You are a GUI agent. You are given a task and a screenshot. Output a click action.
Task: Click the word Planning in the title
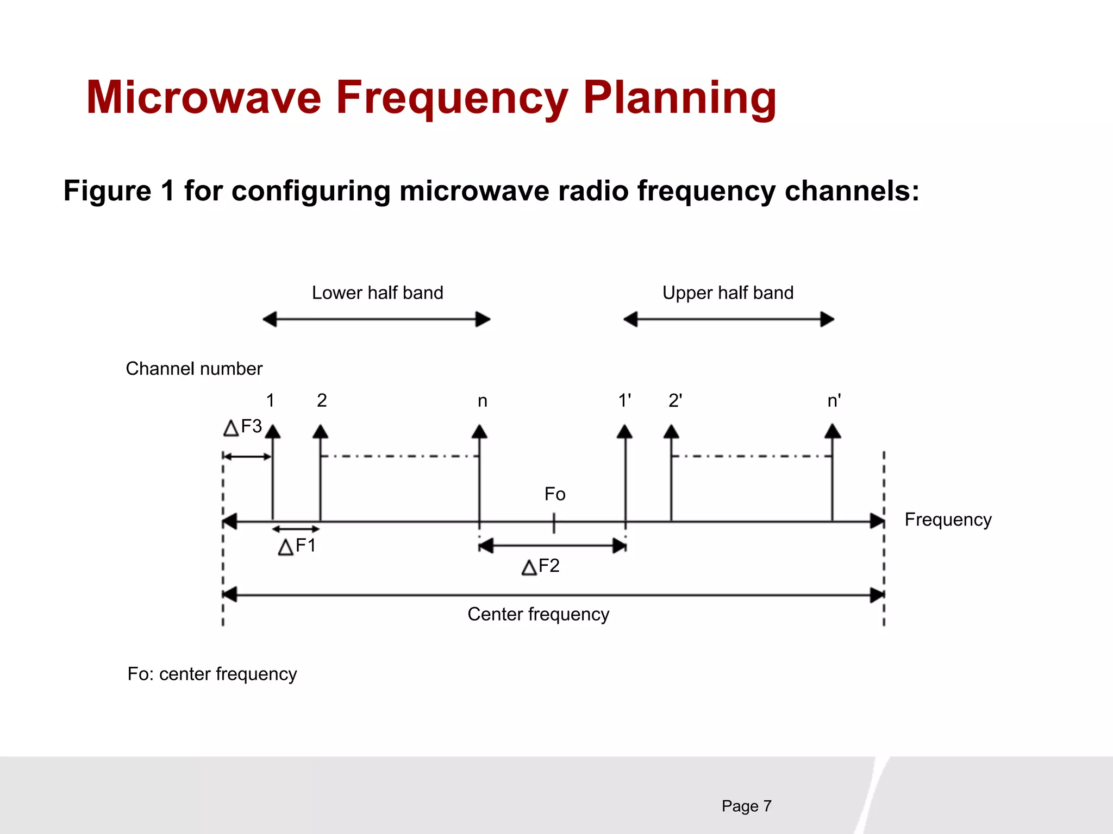[x=679, y=99]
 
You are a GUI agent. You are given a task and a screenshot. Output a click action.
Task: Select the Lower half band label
[x=377, y=293]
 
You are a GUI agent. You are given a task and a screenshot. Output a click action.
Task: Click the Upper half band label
[x=728, y=293]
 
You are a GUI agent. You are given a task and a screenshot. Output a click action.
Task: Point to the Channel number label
[x=194, y=369]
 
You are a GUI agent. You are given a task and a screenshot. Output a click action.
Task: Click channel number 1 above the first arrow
[x=270, y=401]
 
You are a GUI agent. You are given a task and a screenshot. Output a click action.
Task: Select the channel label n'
[x=834, y=401]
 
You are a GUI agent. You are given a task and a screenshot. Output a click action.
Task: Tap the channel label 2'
[x=675, y=401]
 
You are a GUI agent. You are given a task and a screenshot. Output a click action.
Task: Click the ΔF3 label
[x=243, y=427]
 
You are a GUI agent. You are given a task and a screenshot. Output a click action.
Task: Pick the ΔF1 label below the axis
[x=297, y=546]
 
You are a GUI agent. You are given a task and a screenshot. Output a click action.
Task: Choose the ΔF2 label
[x=540, y=567]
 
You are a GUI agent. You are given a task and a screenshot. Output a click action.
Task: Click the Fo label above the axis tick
[x=555, y=495]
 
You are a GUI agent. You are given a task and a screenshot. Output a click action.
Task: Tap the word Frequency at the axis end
[x=948, y=520]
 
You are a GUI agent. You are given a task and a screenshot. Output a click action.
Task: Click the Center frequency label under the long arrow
[x=538, y=615]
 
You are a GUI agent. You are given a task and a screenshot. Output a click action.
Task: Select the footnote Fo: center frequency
[x=212, y=674]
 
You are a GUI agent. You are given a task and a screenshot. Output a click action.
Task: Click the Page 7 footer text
[x=746, y=806]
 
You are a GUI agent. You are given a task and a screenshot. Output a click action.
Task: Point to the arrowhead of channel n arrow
[x=479, y=432]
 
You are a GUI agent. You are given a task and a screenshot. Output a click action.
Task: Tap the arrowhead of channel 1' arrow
[x=625, y=432]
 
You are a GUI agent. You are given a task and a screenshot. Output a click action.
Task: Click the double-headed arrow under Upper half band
[x=728, y=319]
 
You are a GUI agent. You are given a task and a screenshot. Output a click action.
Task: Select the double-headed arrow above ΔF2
[x=553, y=546]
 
